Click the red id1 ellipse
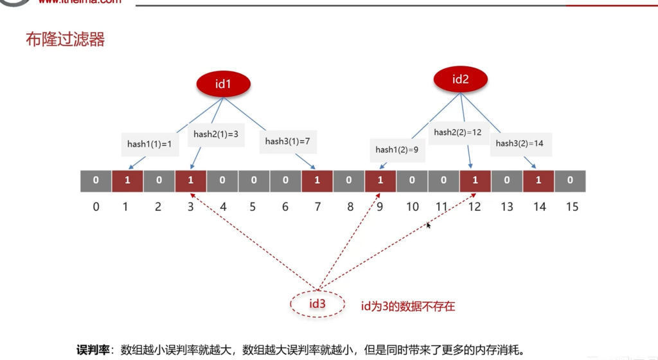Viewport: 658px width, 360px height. (222, 84)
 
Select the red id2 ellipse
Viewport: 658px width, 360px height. (460, 80)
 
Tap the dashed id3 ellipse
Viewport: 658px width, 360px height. (317, 303)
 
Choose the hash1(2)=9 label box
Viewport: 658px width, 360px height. (397, 150)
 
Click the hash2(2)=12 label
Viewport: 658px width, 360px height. (458, 132)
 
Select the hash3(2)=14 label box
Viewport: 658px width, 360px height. (519, 143)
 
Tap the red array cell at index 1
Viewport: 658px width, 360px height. (127, 181)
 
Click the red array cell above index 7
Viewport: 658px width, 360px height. (317, 181)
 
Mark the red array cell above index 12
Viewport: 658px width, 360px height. (476, 181)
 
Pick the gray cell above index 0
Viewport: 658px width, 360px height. (96, 181)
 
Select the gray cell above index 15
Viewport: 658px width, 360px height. (570, 181)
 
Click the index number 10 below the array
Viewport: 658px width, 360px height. (412, 207)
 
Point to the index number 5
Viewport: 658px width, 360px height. (253, 207)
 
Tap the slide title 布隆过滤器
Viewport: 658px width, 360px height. (65, 40)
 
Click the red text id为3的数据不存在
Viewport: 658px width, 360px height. (408, 307)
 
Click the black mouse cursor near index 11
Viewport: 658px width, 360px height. (429, 225)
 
